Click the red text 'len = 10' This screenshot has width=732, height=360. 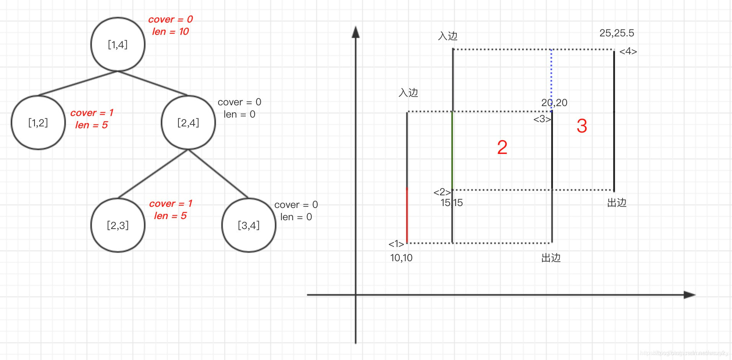tap(170, 32)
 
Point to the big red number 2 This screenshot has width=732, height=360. tap(502, 147)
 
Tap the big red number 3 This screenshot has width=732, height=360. tap(582, 126)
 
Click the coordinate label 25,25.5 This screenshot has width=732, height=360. tap(616, 33)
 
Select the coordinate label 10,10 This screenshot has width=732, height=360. tap(401, 258)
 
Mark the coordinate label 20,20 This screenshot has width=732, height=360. tap(554, 103)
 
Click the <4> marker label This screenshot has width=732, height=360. tap(628, 51)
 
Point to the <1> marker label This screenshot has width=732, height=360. tap(396, 244)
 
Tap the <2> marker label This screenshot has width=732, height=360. tap(442, 192)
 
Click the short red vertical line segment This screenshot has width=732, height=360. tap(407, 215)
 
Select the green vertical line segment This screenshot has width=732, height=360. tap(452, 150)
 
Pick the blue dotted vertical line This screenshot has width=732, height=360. tap(551, 80)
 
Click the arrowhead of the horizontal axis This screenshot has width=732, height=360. tap(690, 295)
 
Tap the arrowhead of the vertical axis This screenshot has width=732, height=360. tap(356, 32)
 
